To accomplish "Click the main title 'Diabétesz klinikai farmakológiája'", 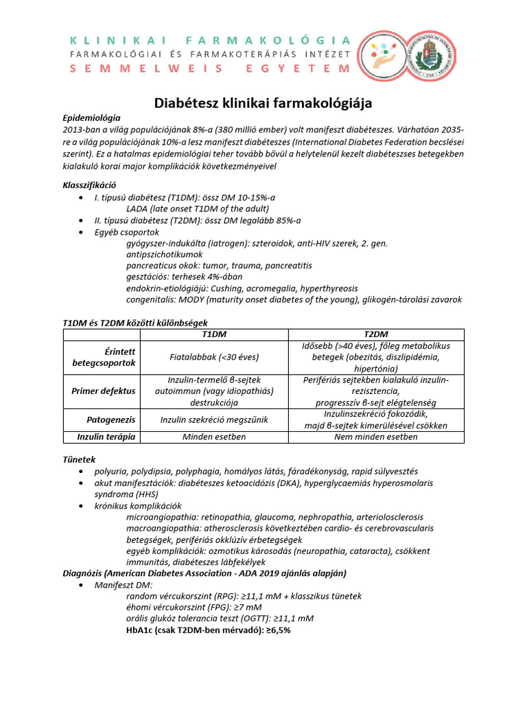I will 262,103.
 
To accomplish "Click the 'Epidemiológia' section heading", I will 91,118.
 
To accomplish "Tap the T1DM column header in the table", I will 214,334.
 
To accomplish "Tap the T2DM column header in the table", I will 375,334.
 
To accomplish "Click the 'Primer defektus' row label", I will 104,391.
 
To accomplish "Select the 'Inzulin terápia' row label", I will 106,437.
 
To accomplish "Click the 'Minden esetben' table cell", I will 214,437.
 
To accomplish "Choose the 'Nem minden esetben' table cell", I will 375,437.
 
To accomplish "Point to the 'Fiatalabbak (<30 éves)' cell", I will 214,357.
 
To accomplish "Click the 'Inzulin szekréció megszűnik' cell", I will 214,419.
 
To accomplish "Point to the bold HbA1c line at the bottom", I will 209,630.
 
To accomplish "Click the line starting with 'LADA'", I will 198,209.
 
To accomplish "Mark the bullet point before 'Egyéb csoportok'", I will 82,232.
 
